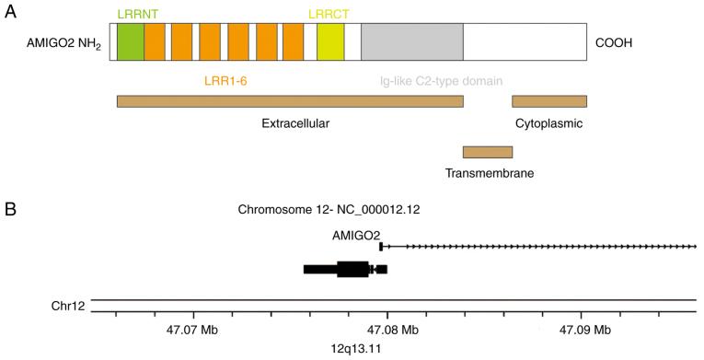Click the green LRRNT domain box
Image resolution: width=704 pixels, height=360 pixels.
[x=130, y=42]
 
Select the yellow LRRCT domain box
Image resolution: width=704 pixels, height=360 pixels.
[x=329, y=42]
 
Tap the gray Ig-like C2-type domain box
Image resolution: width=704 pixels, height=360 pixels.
[x=411, y=42]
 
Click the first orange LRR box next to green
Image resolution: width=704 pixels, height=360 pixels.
[x=155, y=42]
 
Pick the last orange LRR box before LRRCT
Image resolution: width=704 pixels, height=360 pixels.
[x=293, y=42]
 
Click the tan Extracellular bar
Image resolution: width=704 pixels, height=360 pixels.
[x=290, y=101]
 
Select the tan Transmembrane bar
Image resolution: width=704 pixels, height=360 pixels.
[x=487, y=152]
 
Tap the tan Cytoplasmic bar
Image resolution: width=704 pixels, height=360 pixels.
[x=548, y=101]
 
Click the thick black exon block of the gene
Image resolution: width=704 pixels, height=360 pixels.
[x=352, y=269]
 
